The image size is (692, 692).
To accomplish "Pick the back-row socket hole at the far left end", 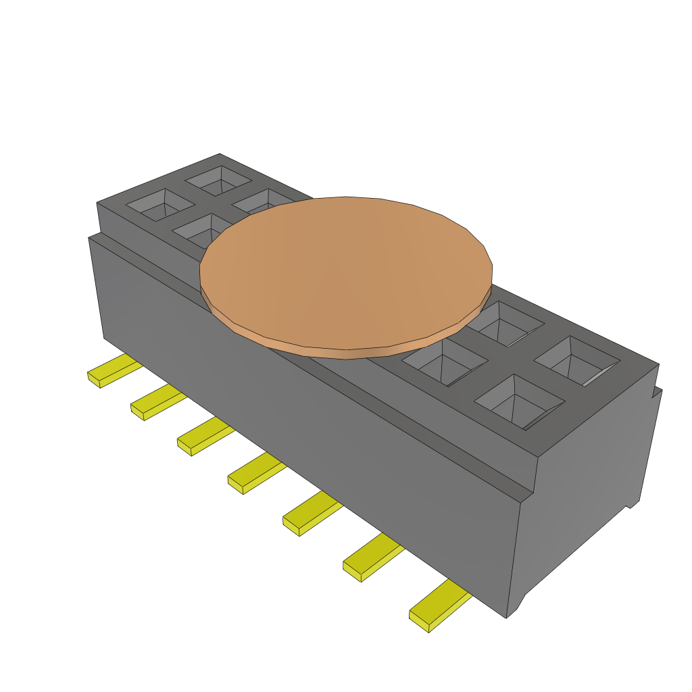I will (x=218, y=180).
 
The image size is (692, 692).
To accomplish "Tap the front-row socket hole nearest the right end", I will (x=519, y=401).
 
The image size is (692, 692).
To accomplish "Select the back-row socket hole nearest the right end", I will (x=576, y=361).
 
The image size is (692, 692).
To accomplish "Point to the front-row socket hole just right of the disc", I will (x=443, y=362).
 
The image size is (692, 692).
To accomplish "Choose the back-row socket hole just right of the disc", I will (x=504, y=324).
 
